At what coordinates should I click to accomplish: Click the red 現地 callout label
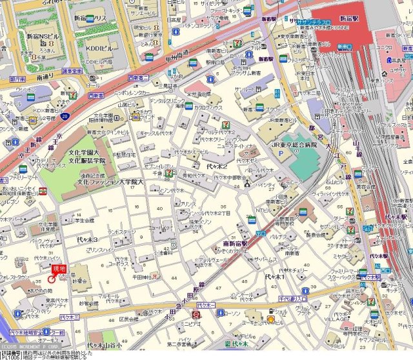coord(59,268)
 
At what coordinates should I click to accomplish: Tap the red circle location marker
coord(51,279)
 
